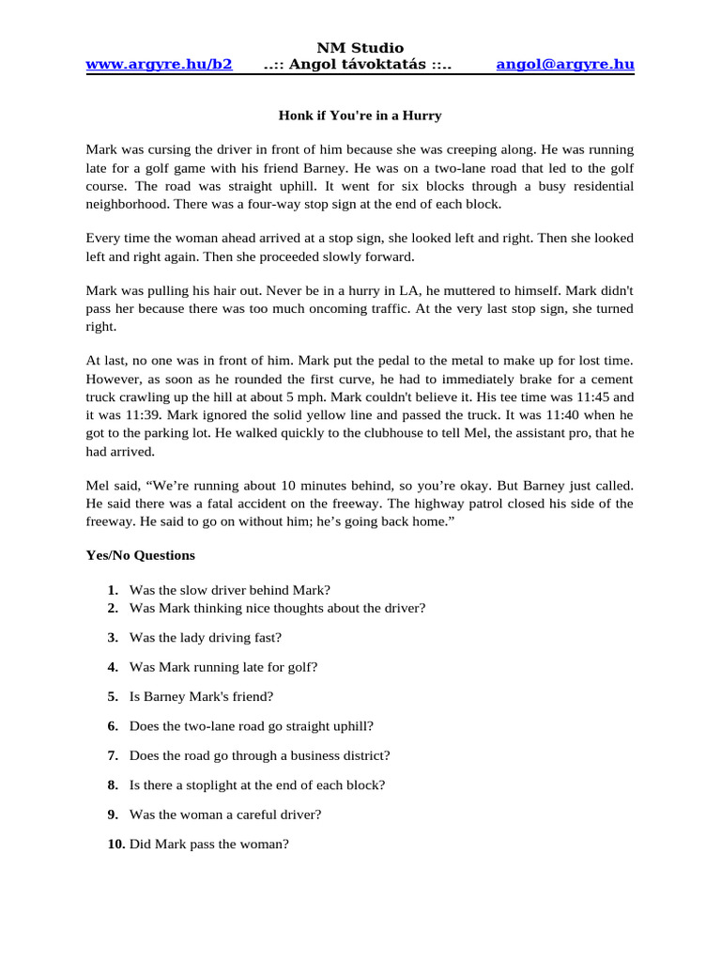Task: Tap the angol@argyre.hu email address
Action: (x=565, y=64)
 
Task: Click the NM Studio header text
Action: (x=360, y=47)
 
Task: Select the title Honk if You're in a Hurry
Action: (x=360, y=116)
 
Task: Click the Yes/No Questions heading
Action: (x=141, y=555)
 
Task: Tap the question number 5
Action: (x=113, y=696)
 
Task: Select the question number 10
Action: (x=116, y=844)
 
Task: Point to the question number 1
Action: (x=113, y=590)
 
